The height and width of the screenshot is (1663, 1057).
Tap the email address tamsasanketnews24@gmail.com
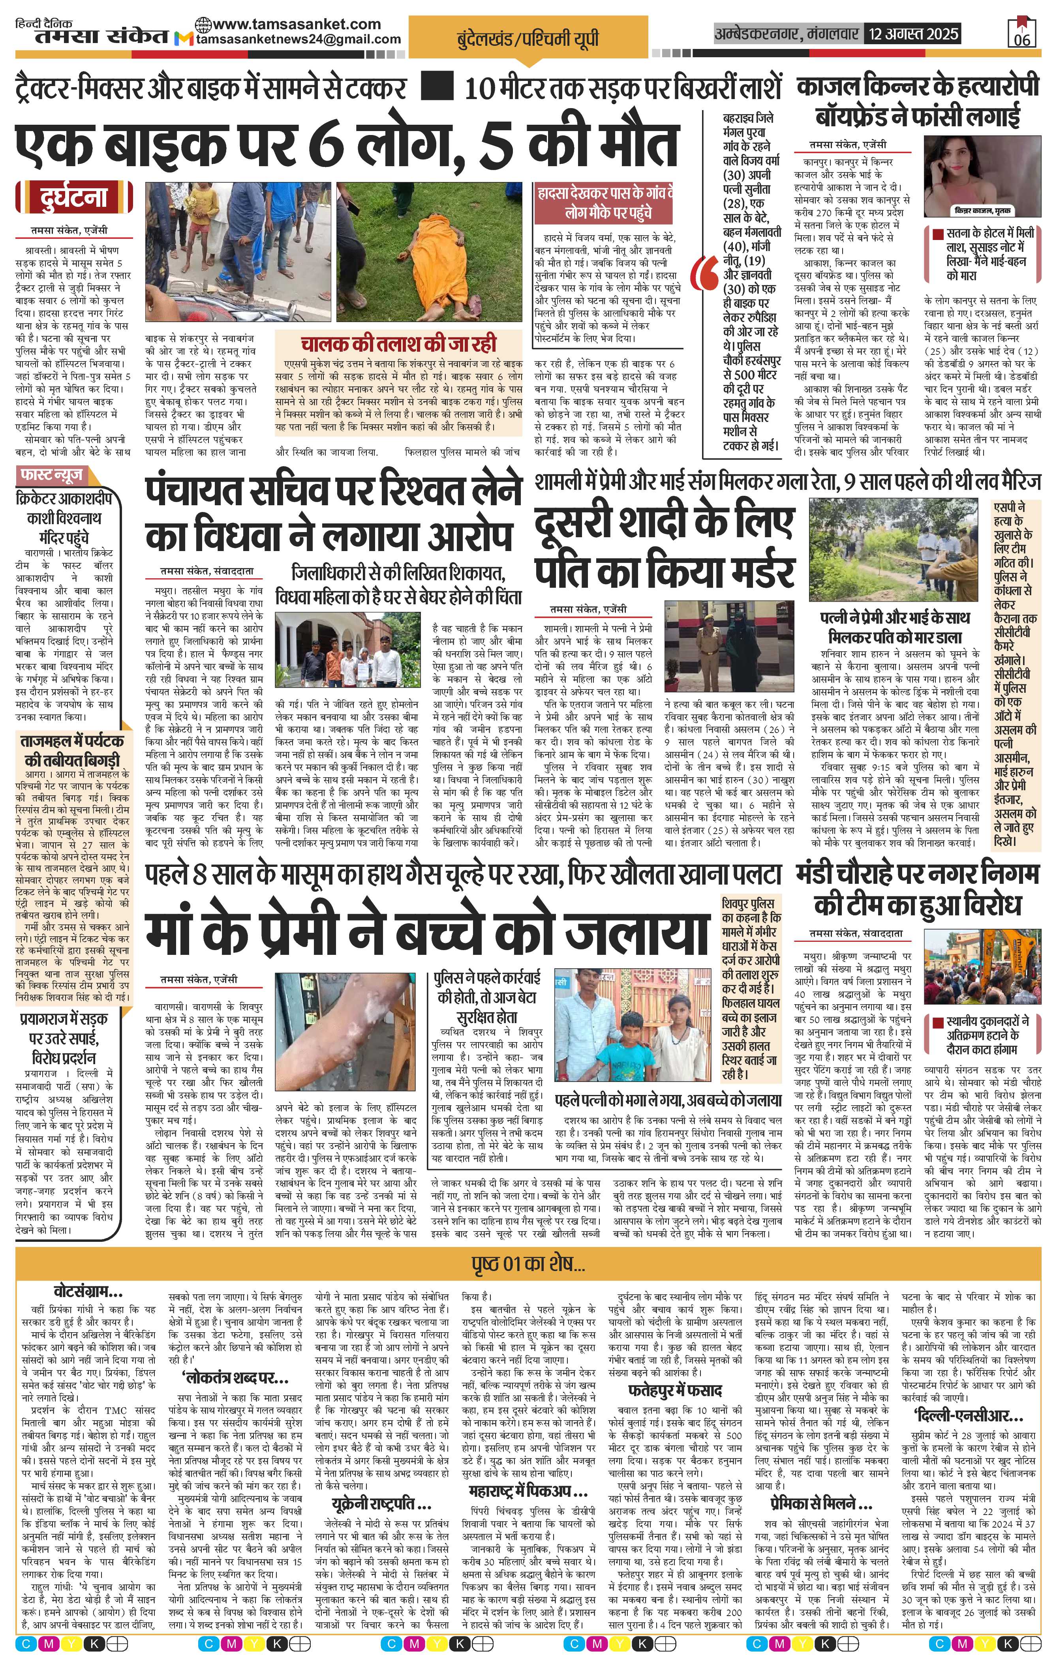(x=299, y=39)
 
